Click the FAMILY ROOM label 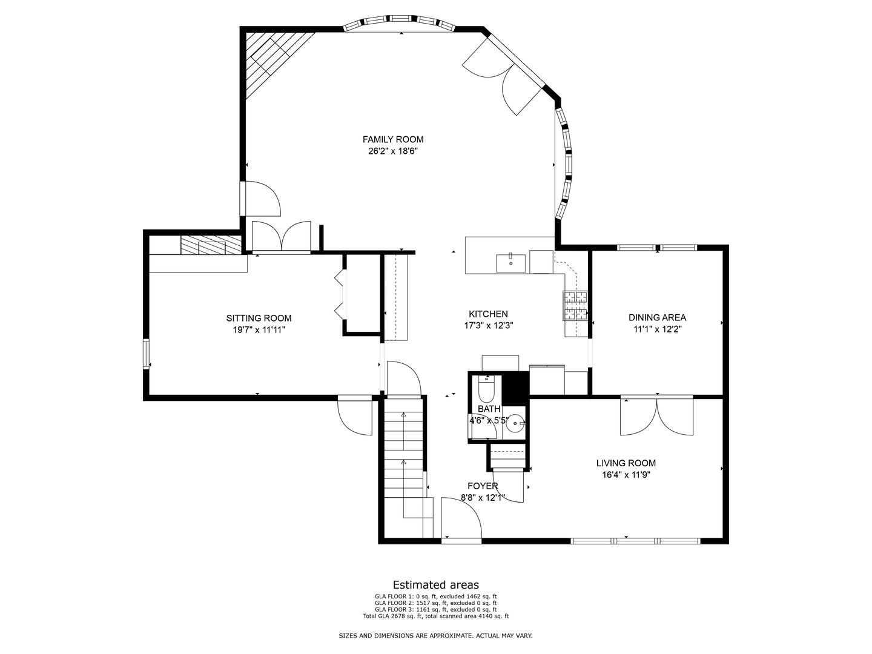coord(392,139)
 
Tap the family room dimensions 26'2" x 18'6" coord(392,151)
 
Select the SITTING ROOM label coord(259,318)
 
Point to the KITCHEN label coord(488,314)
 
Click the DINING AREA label coord(657,317)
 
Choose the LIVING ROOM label coord(626,463)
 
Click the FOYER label coord(483,486)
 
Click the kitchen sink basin coord(510,263)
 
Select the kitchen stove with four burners coord(575,305)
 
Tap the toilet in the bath coord(486,388)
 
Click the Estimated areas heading coord(435,584)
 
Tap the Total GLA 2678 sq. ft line coord(435,616)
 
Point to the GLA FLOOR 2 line coord(435,603)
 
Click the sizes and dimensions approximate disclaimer coord(435,636)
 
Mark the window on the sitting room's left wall coord(146,354)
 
